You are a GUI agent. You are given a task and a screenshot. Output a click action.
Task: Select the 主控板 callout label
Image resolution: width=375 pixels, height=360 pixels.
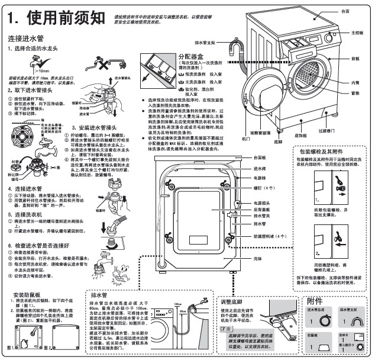(355, 33)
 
